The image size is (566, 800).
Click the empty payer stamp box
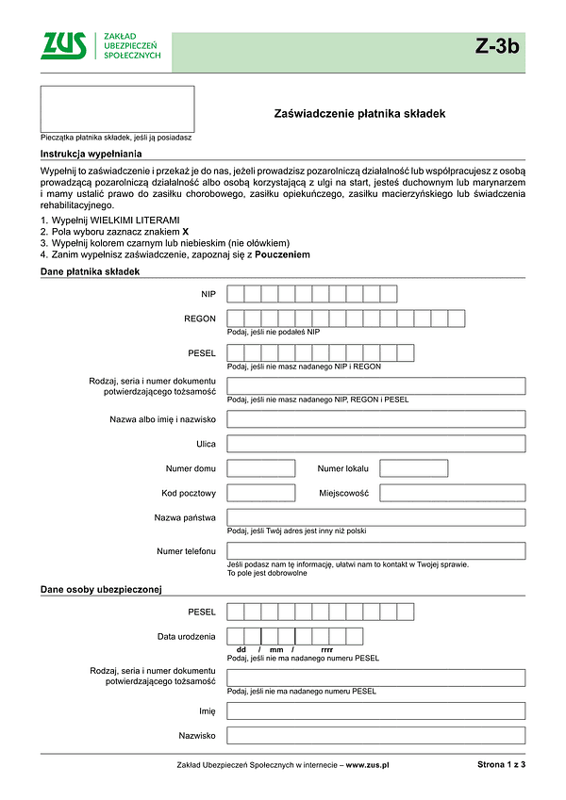tap(117, 108)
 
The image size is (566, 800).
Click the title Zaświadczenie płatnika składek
tap(358, 113)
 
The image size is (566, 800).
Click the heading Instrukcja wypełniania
tap(91, 154)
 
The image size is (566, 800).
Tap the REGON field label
tap(200, 319)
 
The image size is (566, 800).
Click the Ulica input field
tap(375, 444)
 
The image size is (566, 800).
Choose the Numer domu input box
tap(261, 468)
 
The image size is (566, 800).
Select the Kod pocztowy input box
tap(261, 493)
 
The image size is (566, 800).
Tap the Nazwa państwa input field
tap(375, 517)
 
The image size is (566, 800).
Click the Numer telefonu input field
tap(375, 551)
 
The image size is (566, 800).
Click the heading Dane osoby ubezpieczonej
tap(102, 590)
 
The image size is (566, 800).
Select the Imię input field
tap(375, 710)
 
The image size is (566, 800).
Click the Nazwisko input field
tap(375, 735)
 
